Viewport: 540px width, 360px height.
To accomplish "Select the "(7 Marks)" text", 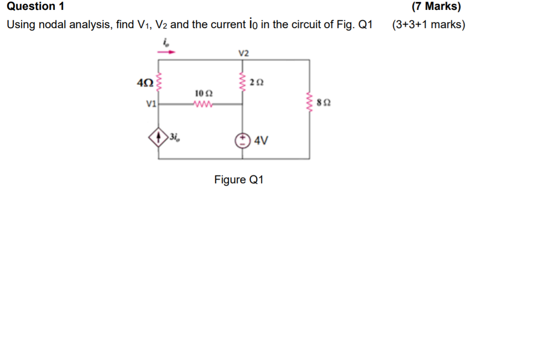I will point(436,7).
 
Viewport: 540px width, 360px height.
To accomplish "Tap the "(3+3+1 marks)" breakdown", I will point(428,24).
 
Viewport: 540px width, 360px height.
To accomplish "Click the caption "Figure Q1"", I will point(239,180).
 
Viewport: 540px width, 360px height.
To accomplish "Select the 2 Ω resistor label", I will point(257,82).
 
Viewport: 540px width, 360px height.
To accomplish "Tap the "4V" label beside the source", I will point(262,140).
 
